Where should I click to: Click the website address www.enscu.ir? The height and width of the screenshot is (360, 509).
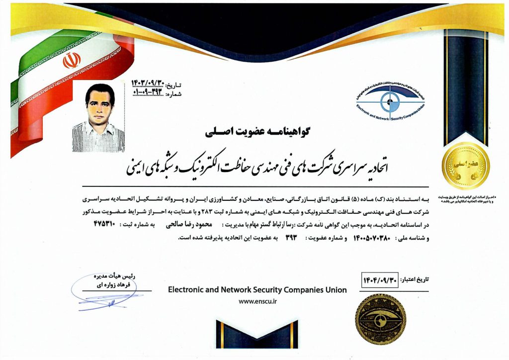tap(257, 301)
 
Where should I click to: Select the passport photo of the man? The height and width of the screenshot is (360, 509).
tap(98, 118)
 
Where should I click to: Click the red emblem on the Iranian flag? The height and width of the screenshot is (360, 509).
tap(72, 61)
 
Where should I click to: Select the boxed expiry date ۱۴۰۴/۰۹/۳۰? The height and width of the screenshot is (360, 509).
tap(382, 279)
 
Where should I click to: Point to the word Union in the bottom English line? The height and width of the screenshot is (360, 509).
tap(336, 290)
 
